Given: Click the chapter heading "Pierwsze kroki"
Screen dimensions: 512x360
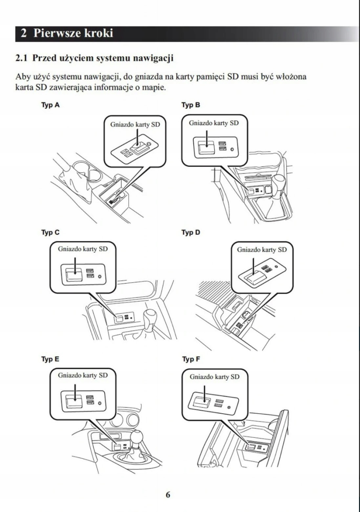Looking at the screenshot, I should (x=73, y=33).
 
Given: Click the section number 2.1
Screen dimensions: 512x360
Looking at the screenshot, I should (x=21, y=58).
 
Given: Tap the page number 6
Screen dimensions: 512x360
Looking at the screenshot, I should (x=168, y=495).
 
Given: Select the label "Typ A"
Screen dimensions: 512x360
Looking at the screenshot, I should (x=50, y=105).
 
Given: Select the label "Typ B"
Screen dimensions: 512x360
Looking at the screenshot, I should (x=191, y=105).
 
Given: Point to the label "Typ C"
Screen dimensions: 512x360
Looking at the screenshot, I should (x=50, y=232).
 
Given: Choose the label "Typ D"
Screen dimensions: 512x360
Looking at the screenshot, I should (x=191, y=232).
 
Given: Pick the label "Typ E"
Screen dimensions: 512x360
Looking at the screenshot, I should (x=50, y=359).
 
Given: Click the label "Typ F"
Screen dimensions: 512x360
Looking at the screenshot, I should (x=191, y=359).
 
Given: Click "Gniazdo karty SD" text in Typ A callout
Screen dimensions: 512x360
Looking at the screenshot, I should (x=135, y=124).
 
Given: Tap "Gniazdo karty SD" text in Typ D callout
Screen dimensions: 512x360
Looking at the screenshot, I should (x=262, y=250).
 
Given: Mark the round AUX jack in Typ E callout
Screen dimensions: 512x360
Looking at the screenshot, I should (x=100, y=403).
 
